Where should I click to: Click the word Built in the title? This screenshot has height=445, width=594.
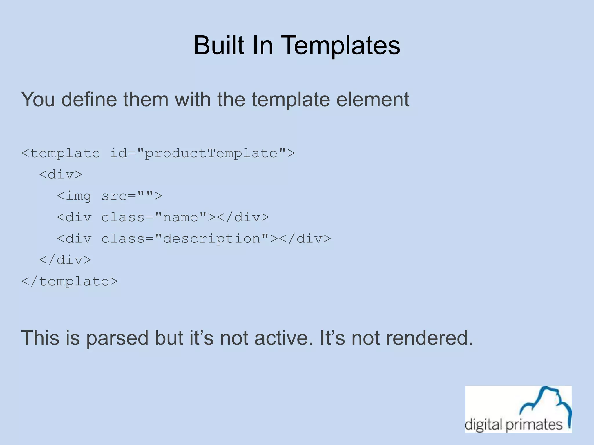click(x=219, y=45)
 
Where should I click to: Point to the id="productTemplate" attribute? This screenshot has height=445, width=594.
click(x=198, y=153)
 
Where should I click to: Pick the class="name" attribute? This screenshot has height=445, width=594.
click(x=154, y=217)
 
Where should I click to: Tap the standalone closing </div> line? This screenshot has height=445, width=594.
click(x=65, y=260)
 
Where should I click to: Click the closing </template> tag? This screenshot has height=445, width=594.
click(x=70, y=281)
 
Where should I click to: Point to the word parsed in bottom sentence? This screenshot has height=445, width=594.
click(x=117, y=338)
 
